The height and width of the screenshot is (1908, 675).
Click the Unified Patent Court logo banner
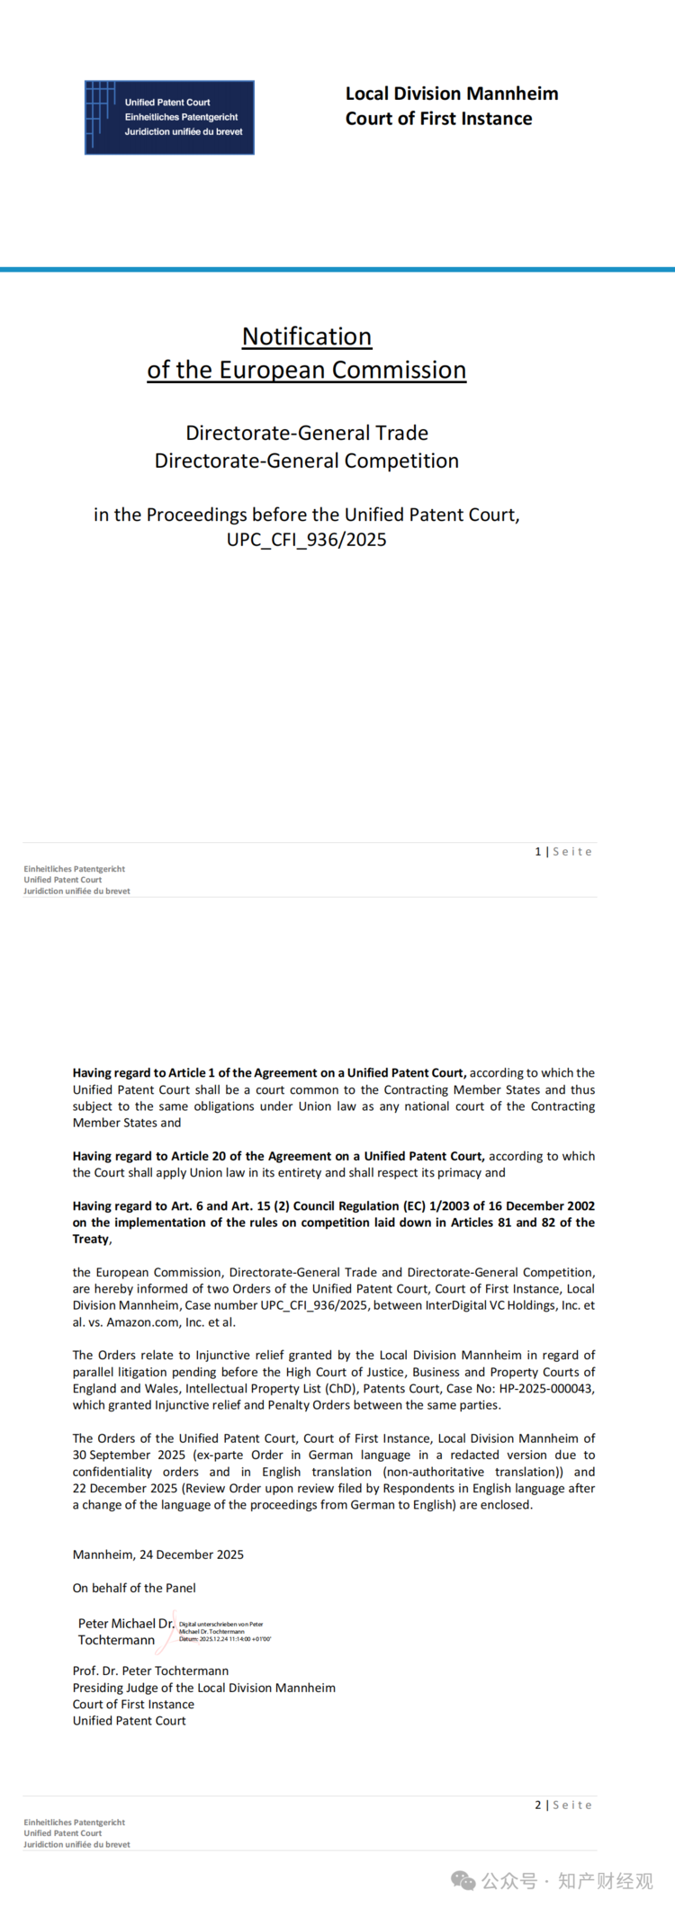[169, 118]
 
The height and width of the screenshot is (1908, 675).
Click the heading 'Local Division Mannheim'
[452, 94]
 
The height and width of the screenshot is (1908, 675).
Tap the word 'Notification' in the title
[307, 336]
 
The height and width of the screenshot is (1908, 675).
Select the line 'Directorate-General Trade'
[307, 433]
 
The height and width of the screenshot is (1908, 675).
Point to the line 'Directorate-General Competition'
[307, 461]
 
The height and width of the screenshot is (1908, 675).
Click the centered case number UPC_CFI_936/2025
[307, 540]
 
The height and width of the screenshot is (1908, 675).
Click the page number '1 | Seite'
[563, 851]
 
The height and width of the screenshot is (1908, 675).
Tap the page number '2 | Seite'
[563, 1805]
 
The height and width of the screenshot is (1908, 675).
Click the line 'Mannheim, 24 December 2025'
[158, 1554]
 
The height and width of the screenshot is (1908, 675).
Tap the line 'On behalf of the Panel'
[134, 1588]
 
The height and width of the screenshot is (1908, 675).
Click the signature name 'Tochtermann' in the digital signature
[116, 1640]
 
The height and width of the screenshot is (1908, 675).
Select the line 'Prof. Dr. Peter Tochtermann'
[150, 1671]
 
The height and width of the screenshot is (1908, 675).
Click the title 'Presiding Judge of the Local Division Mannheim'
[204, 1688]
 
